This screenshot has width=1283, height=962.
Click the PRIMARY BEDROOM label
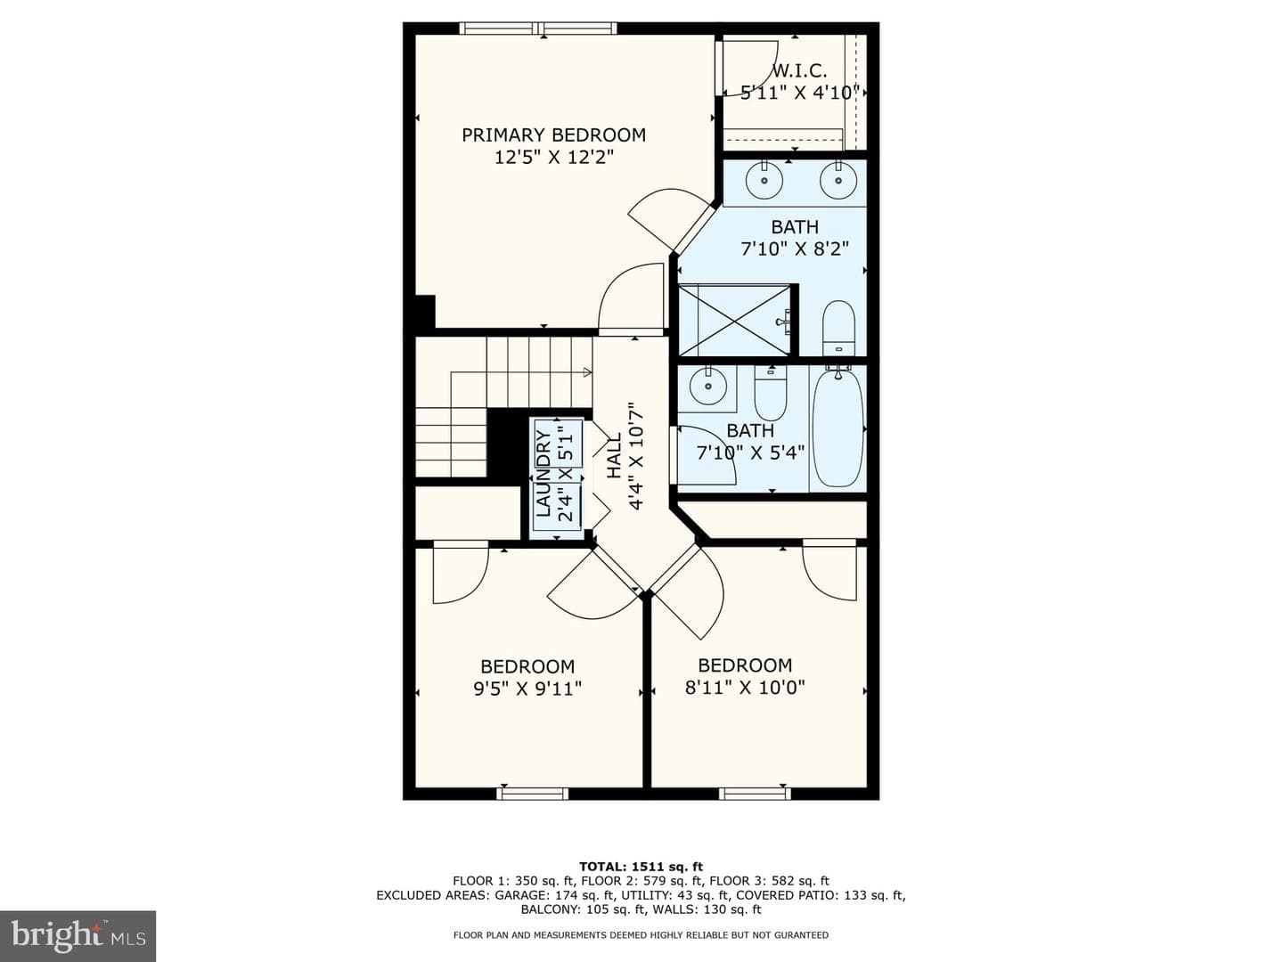[553, 135]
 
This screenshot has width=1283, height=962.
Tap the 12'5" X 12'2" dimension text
[554, 157]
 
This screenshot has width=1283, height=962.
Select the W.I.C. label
[799, 71]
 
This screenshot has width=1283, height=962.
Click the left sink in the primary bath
[764, 180]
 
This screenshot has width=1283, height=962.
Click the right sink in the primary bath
[838, 180]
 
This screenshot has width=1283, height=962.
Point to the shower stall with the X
[736, 320]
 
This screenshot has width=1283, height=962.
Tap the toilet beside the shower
[838, 328]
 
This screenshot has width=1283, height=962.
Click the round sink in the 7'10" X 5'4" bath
[707, 386]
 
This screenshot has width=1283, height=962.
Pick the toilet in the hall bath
[771, 393]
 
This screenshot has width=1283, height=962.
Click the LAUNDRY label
[543, 473]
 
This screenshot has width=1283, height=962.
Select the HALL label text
[615, 455]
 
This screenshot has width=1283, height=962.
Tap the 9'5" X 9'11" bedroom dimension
[527, 689]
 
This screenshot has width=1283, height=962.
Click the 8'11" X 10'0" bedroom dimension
[745, 688]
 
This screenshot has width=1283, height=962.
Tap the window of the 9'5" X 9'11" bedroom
[533, 794]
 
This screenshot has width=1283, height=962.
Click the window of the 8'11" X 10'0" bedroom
[754, 794]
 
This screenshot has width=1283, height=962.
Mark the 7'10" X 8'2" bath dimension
[795, 249]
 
